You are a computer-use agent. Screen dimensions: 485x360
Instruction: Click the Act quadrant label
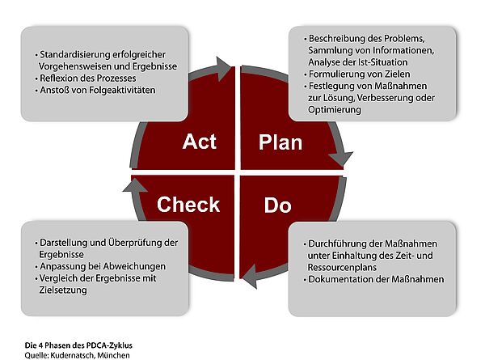click(x=199, y=142)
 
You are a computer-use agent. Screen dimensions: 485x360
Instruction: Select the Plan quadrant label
click(x=280, y=142)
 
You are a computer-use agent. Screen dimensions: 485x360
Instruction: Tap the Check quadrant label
click(x=188, y=205)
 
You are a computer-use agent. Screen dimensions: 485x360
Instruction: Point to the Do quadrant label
click(x=277, y=205)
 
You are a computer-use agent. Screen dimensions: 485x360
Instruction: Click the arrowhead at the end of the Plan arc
click(x=341, y=159)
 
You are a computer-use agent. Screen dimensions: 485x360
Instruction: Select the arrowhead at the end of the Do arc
click(x=249, y=276)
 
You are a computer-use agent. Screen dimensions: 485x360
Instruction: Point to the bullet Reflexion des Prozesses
click(x=86, y=78)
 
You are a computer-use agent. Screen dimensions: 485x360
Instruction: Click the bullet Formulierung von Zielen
click(x=357, y=74)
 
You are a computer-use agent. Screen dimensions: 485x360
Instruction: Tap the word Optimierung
click(x=335, y=110)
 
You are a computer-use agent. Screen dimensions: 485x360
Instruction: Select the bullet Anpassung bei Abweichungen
click(x=100, y=266)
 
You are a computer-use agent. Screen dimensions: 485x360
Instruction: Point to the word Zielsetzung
click(x=63, y=290)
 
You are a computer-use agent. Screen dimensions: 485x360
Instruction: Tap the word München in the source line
click(x=113, y=355)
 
